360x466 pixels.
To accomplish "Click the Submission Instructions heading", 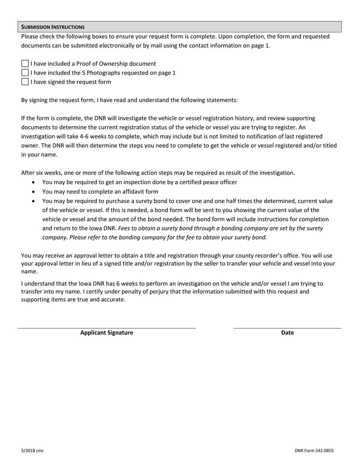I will point(53,27).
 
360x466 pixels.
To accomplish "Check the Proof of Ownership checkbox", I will point(25,64).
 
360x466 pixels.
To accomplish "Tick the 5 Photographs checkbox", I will point(25,73).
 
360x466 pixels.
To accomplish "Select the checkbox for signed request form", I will point(25,82).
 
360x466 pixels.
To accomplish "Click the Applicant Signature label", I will point(107,333).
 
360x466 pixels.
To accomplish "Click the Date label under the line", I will point(287,333).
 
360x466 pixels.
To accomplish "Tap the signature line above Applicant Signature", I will point(107,328).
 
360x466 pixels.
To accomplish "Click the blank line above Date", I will point(287,328).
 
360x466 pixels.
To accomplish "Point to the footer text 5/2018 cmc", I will point(32,451).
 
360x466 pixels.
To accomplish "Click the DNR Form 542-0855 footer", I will point(314,451).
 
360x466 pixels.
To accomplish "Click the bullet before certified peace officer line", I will point(35,182).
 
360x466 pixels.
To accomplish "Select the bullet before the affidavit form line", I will point(35,192).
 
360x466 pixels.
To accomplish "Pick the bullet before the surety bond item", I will point(35,201).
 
